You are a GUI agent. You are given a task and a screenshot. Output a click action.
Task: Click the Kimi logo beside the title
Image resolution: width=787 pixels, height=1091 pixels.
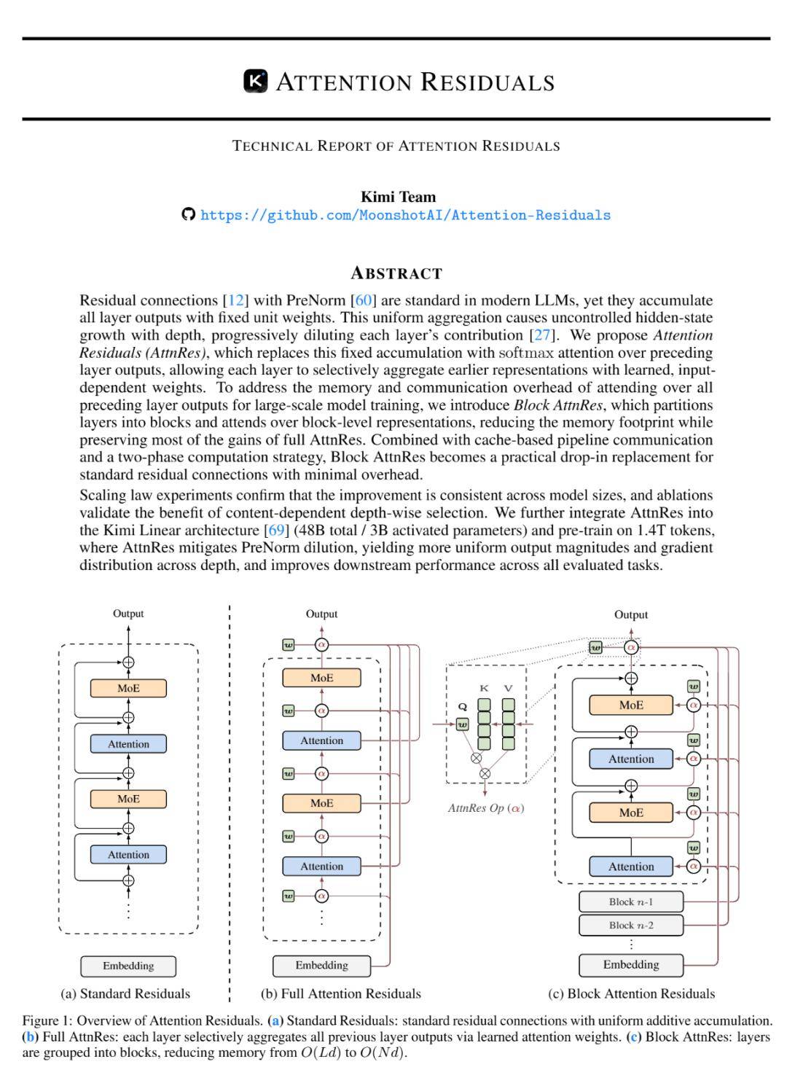[255, 81]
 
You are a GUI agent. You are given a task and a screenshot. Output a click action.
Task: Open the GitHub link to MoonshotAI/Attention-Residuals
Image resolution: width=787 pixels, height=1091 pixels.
[405, 215]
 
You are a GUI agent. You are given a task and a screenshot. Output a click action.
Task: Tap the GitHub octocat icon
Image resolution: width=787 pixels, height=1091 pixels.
[189, 214]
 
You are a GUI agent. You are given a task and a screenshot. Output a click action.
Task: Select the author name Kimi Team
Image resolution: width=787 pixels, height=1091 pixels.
[398, 197]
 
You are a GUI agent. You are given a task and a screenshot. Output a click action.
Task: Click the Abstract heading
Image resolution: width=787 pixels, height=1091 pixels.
[396, 273]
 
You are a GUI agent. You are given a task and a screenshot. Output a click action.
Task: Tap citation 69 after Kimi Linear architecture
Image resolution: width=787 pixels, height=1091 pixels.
[276, 530]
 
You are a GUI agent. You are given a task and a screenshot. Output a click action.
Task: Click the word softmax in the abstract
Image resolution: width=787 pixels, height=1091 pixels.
[525, 353]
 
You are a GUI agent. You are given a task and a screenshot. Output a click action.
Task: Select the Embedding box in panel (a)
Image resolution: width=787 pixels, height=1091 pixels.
[128, 966]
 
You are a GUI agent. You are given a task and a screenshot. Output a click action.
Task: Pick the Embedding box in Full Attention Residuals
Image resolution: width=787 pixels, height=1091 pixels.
[321, 965]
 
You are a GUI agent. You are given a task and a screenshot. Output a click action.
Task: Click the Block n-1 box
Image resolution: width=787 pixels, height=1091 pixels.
[631, 902]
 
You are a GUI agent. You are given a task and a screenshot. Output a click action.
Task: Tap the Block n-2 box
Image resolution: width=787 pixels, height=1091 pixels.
[631, 925]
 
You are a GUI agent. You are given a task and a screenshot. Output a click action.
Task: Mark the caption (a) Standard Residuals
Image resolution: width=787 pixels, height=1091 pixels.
[125, 993]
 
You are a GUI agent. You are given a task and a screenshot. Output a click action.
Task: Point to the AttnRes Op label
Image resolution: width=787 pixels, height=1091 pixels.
[485, 808]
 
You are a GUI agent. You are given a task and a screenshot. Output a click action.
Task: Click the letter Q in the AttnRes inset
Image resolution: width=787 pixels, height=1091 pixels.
[462, 706]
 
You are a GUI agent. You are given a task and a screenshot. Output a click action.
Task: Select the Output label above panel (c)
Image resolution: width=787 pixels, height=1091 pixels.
[631, 614]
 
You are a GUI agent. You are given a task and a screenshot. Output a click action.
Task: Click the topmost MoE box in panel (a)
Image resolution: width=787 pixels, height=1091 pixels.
[128, 688]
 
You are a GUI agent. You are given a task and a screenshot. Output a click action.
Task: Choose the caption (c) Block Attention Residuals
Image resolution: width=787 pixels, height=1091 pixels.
[631, 993]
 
